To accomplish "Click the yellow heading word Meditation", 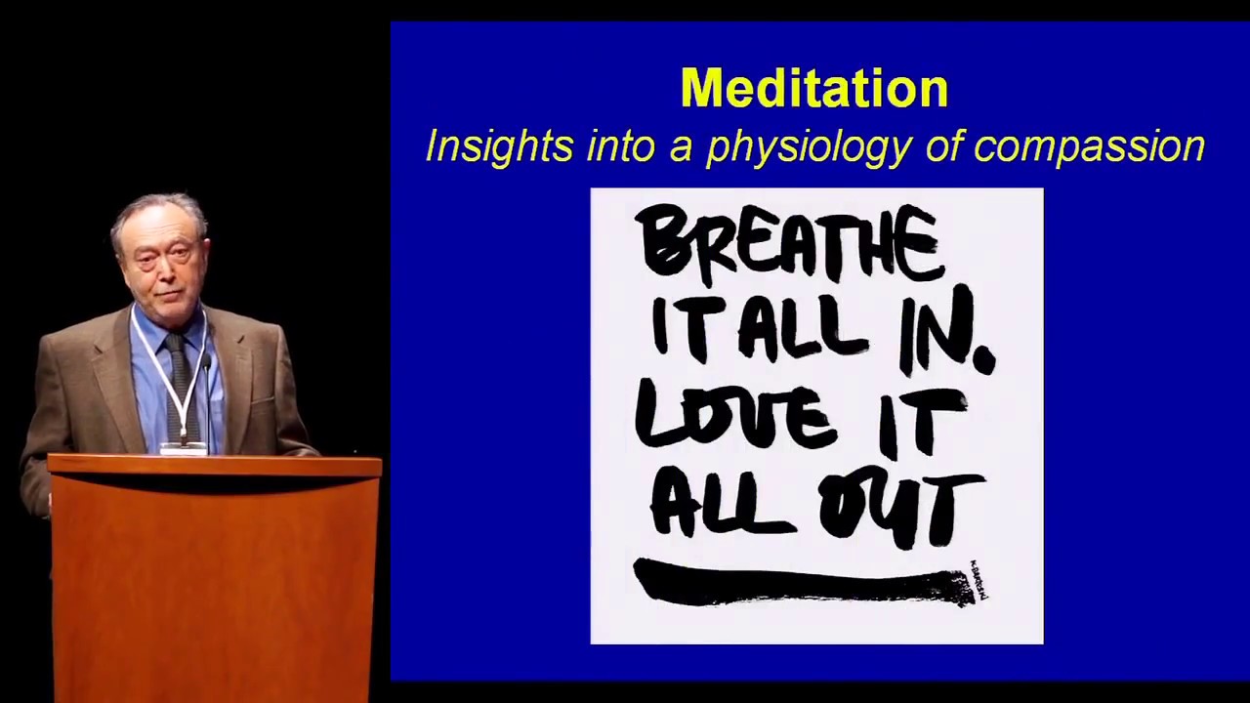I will point(813,88).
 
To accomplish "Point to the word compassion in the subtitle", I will point(1089,147).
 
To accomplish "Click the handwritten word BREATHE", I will point(789,242).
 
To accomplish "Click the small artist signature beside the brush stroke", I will point(979,580).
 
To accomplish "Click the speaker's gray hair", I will point(156,210).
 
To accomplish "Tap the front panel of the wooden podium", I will point(213,586).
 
